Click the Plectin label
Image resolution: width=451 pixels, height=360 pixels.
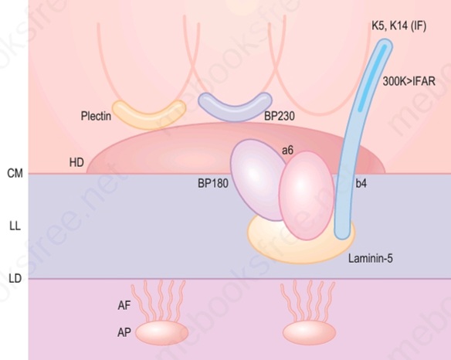(x=96, y=116)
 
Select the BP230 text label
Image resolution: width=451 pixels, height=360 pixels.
(x=280, y=116)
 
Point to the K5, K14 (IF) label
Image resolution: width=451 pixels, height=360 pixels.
(x=399, y=26)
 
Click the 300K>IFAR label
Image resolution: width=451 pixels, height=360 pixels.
(x=409, y=81)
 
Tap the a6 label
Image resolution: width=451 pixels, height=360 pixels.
(x=287, y=150)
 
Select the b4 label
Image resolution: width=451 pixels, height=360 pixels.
(x=361, y=183)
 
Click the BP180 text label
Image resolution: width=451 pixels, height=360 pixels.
(x=213, y=183)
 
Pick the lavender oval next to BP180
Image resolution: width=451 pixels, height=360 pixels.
(x=257, y=180)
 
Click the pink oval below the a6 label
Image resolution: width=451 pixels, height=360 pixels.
(x=307, y=195)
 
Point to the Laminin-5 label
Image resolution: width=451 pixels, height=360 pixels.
(x=371, y=259)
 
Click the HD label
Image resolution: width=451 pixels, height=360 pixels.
(x=76, y=163)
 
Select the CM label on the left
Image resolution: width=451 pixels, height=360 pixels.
(x=15, y=174)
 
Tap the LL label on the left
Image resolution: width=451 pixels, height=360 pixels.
(x=15, y=226)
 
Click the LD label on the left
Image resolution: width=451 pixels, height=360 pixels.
(x=15, y=279)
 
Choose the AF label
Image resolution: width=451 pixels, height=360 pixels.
(x=124, y=306)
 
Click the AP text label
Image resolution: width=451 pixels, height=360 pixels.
(x=124, y=333)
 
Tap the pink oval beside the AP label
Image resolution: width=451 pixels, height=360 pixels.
(x=162, y=333)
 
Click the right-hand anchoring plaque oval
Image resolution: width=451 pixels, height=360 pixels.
(x=310, y=333)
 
